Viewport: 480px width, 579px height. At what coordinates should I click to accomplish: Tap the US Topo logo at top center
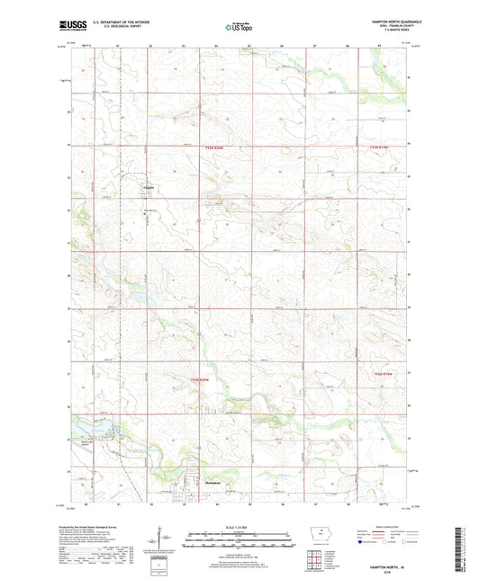[239, 28]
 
